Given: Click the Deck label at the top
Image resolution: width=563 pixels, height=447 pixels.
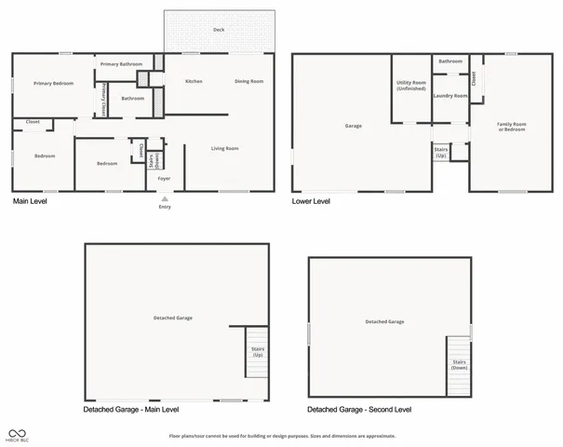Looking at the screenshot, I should click(219, 30).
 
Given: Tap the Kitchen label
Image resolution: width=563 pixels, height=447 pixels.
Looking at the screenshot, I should click(194, 82).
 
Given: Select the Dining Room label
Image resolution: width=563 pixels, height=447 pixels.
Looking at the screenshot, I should click(248, 82).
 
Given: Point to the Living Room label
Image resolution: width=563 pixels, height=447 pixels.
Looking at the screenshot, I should click(225, 149).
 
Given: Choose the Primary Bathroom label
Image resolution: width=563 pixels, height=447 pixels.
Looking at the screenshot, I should click(122, 64).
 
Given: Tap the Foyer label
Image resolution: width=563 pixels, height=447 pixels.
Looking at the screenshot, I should click(164, 178).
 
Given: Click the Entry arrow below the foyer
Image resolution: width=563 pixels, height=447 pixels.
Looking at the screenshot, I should click(164, 198).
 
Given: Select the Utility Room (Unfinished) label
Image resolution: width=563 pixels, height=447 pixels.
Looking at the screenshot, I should click(410, 87).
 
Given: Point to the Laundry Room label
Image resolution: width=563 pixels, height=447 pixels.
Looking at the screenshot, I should click(450, 95).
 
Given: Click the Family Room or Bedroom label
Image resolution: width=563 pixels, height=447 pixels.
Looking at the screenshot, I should click(512, 127).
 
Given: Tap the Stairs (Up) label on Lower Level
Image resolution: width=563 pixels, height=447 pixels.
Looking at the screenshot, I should click(441, 153).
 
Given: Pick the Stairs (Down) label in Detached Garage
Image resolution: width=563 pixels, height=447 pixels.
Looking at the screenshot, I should click(459, 365).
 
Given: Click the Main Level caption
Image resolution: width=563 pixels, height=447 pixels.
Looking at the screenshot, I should click(30, 201).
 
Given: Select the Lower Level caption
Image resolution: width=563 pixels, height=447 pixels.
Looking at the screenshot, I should click(311, 201).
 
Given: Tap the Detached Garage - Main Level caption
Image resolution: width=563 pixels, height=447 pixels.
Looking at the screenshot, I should click(131, 410).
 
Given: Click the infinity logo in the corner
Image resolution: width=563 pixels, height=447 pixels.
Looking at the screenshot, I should click(17, 432).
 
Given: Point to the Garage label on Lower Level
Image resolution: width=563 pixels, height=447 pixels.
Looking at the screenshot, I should click(354, 126).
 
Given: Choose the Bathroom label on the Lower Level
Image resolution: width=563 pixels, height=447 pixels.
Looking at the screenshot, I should click(450, 61).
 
